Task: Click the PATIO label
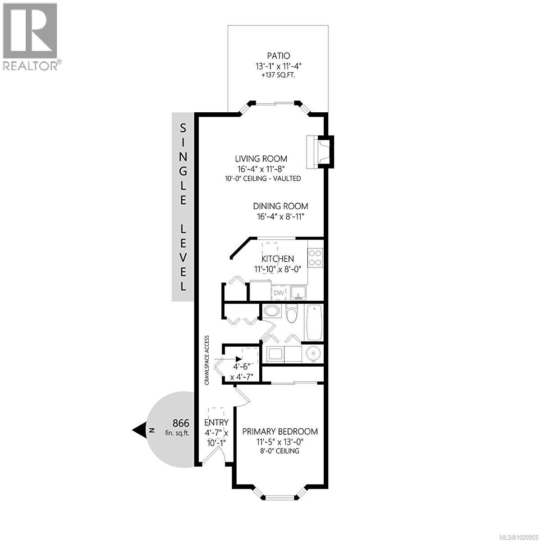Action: coord(278,56)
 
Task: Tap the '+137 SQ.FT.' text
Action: coord(278,75)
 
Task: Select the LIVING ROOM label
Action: coord(261,159)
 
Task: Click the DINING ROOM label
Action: coord(280,206)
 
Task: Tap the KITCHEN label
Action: coord(278,259)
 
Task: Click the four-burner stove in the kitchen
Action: coord(316,257)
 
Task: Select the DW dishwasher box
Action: coord(279,293)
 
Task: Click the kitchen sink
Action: coord(298,293)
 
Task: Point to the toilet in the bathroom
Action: coord(292,314)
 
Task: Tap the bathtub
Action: coord(314,323)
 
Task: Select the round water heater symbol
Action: coord(312,354)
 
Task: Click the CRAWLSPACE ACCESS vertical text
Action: coord(207,360)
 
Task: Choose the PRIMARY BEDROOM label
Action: coord(280,431)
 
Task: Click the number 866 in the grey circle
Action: coord(181,423)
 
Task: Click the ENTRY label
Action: coord(216,422)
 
